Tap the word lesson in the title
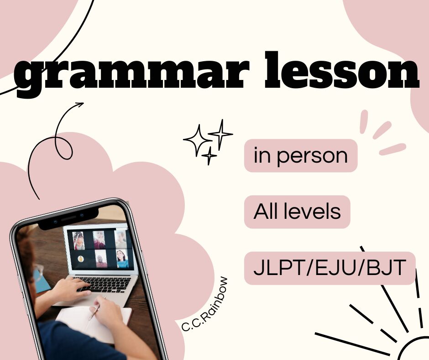pos(342,70)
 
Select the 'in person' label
pos(301,156)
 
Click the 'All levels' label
pos(297,212)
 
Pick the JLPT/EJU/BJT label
pos(330,268)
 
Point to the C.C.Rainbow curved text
pos(206,305)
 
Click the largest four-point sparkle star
pos(198,140)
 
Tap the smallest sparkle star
pos(209,156)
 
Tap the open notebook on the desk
pos(93,323)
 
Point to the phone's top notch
pos(68,218)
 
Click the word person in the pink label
pos(312,156)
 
